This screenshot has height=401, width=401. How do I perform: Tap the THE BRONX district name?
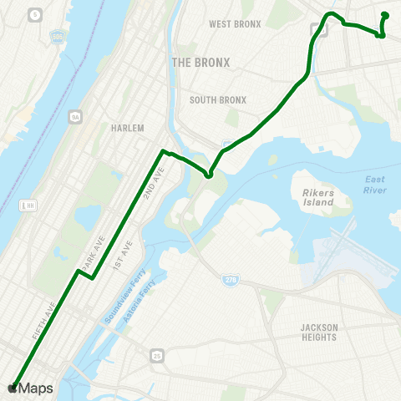[x=200, y=63]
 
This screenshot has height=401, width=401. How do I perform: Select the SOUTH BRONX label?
[x=218, y=100]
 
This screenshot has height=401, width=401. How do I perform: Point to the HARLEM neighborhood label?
[x=128, y=129]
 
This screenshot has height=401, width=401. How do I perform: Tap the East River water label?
[x=375, y=185]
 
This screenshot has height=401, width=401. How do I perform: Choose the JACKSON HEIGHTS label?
[x=318, y=332]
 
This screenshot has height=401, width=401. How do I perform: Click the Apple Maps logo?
[x=29, y=388]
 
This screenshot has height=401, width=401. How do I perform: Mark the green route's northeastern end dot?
[x=385, y=15]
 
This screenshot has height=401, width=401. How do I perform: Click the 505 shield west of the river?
[x=57, y=38]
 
